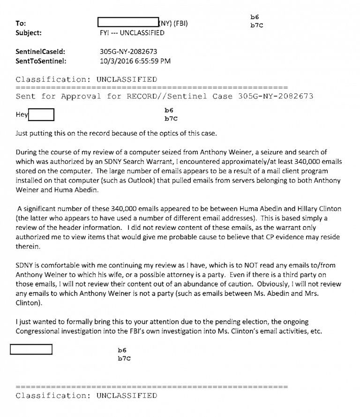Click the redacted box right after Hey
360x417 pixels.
point(41,114)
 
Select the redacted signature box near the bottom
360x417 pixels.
point(31,349)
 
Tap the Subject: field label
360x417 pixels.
point(28,33)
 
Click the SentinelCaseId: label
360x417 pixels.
point(40,52)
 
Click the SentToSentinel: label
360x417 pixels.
point(41,61)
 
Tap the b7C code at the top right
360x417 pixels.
point(256,25)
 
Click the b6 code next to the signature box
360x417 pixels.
point(122,350)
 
